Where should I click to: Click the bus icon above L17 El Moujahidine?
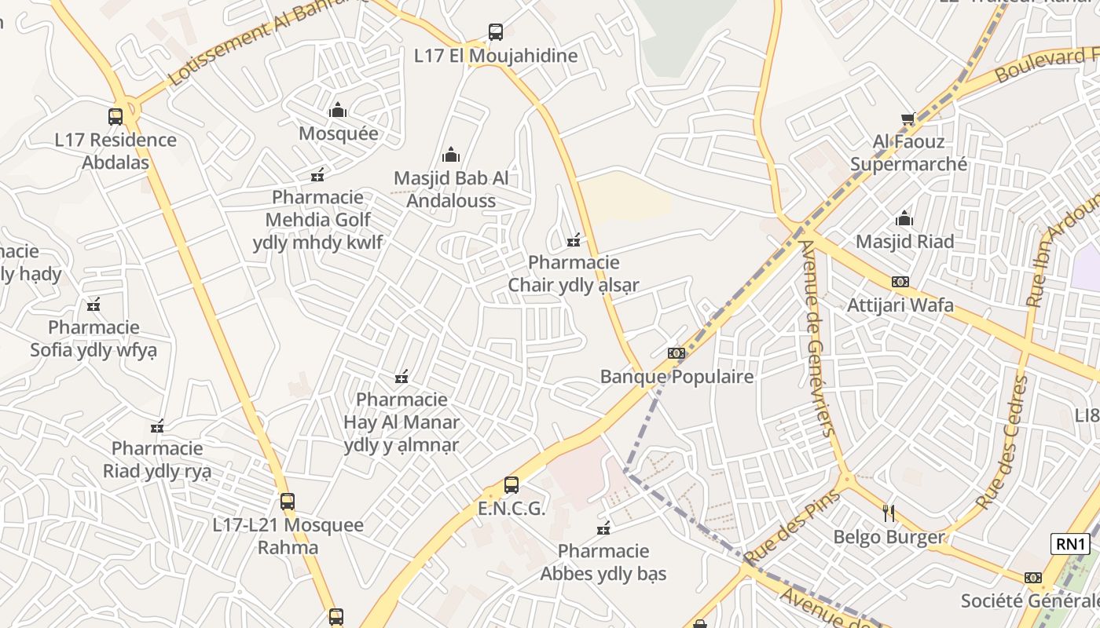[495, 32]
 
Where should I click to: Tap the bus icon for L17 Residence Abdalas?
[115, 117]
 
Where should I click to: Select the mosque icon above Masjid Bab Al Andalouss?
[450, 155]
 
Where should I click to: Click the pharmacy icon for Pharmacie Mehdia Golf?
[317, 174]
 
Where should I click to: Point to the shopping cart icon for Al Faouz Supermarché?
[908, 119]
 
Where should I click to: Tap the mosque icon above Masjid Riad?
[904, 218]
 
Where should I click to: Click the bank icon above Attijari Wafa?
[900, 282]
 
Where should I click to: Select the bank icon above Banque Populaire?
[676, 353]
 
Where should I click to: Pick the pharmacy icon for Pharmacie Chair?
[574, 239]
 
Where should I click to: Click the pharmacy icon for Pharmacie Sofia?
[93, 305]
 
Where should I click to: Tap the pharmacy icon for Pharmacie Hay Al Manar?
[401, 378]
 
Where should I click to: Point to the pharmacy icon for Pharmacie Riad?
[157, 426]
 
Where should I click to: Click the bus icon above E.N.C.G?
[511, 485]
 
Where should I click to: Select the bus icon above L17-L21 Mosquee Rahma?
[288, 502]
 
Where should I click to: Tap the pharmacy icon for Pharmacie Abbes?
[603, 528]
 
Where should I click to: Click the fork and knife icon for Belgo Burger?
[889, 514]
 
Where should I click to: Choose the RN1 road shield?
[1070, 544]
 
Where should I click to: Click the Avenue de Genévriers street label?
[816, 338]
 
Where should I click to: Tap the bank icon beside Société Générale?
[1032, 578]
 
